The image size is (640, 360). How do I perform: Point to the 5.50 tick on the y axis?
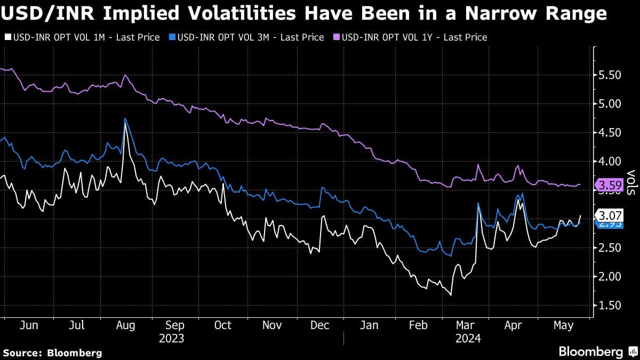[x=610, y=75]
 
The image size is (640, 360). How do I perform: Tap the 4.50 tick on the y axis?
[x=610, y=133]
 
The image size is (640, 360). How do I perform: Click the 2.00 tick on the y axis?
[x=610, y=276]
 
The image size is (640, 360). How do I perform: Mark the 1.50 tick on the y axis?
[x=610, y=305]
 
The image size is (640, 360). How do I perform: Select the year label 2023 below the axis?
[x=171, y=338]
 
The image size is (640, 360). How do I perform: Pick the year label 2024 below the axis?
[x=469, y=338]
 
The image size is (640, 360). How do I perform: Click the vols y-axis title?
[x=631, y=183]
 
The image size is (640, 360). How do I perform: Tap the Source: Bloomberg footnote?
[x=53, y=353]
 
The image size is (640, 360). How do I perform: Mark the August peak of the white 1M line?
[x=125, y=124]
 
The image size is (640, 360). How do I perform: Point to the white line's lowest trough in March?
[x=451, y=294]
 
